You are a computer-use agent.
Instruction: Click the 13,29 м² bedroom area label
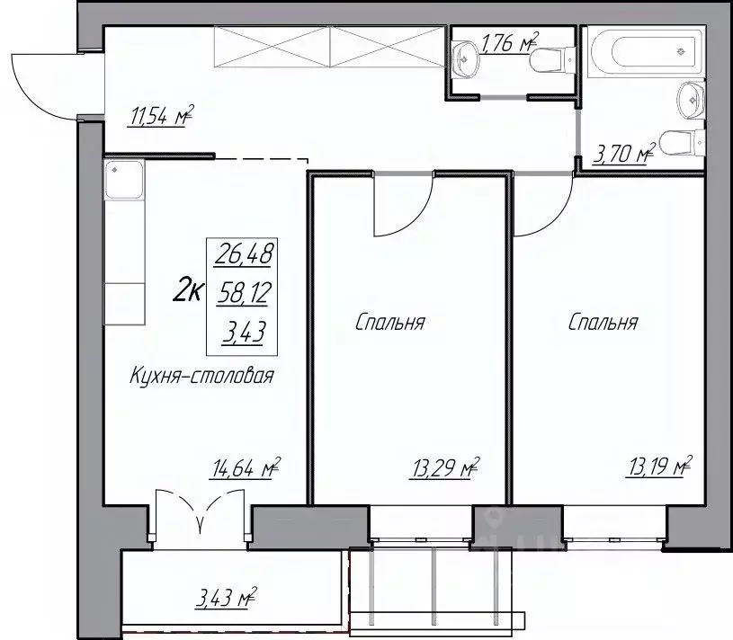[445, 467]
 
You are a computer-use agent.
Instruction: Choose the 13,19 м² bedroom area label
[658, 467]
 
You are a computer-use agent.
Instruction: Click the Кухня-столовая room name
[201, 376]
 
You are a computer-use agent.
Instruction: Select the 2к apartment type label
[188, 293]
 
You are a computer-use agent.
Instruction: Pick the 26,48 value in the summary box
[243, 255]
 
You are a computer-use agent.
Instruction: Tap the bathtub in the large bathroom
[647, 51]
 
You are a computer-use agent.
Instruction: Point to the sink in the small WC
[466, 58]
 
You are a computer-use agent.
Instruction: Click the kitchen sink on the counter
[124, 180]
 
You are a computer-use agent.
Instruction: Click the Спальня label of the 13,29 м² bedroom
[389, 323]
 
